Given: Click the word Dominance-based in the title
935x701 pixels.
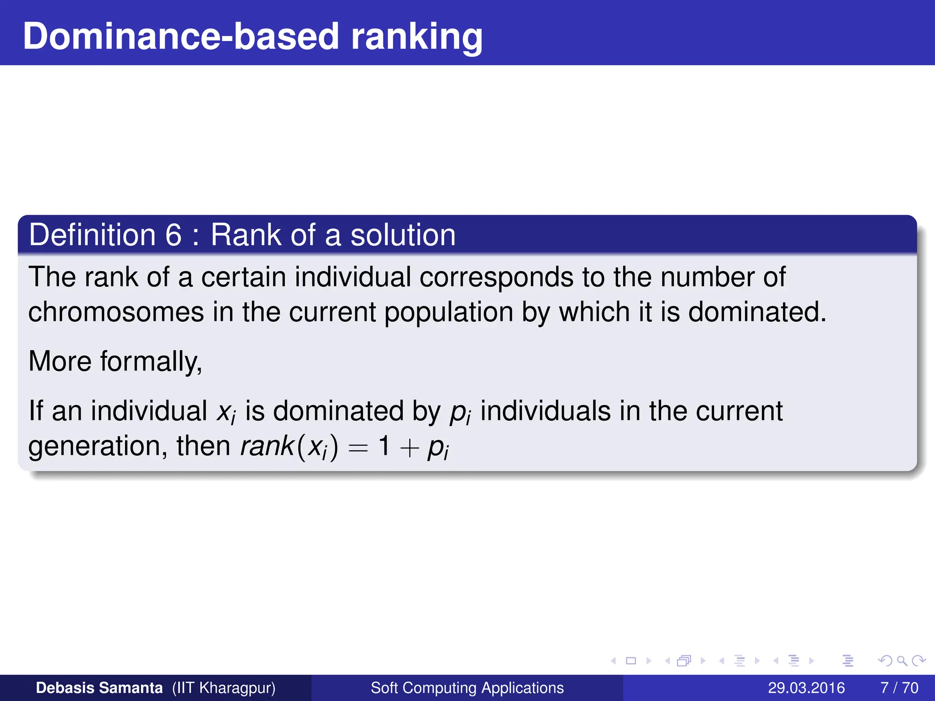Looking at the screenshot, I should [x=181, y=37].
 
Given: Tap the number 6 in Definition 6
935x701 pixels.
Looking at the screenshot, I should [x=173, y=235].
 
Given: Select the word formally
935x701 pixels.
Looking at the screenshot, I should [x=151, y=361].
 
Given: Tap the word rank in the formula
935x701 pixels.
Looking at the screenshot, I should [x=267, y=446].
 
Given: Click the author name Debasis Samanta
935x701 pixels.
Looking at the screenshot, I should [x=99, y=688].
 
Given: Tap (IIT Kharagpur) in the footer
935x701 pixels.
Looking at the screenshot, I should [x=224, y=688].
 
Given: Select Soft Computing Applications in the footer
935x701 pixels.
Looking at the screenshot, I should [x=467, y=688].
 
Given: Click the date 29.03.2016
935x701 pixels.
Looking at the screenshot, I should [x=806, y=688].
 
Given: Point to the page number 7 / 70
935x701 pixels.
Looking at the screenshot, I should [x=899, y=688].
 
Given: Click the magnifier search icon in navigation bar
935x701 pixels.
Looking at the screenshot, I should [x=902, y=660].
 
